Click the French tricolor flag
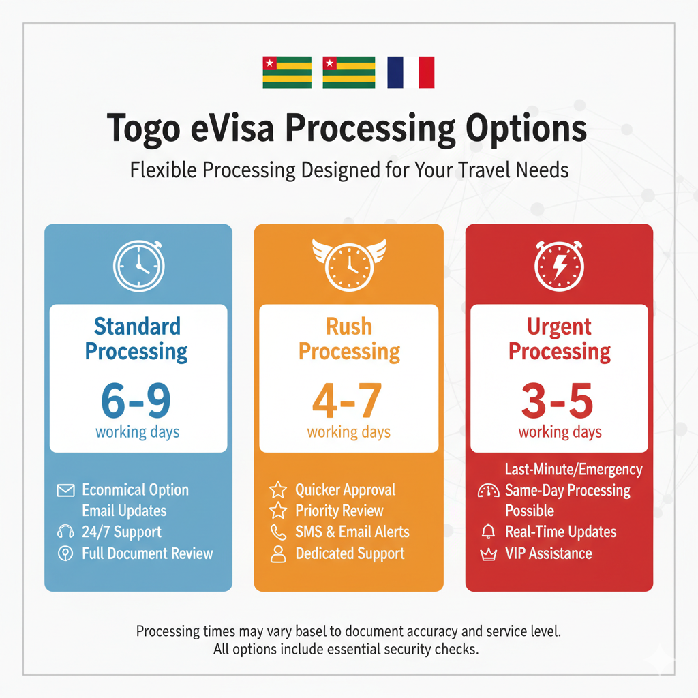click(410, 72)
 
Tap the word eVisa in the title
click(232, 127)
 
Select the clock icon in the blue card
click(139, 266)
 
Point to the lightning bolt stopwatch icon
click(559, 266)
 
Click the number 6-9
click(136, 401)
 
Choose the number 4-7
click(347, 401)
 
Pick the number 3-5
click(558, 401)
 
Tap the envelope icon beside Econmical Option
click(66, 491)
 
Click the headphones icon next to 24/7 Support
click(66, 532)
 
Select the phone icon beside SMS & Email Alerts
click(278, 532)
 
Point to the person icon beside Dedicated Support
click(278, 554)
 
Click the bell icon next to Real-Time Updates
click(488, 532)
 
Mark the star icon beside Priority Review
click(278, 511)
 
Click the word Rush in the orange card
click(349, 327)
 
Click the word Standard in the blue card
click(137, 327)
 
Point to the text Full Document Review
click(147, 553)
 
